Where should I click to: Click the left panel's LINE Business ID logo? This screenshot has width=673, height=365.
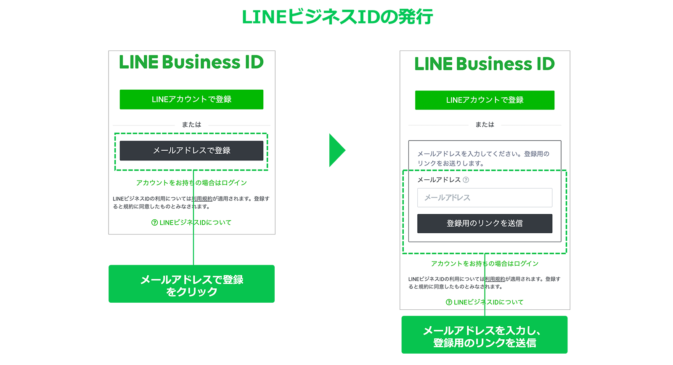click(191, 62)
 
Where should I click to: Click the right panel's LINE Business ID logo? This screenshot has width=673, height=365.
click(484, 64)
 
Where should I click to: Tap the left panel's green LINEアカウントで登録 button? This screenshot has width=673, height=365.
click(191, 99)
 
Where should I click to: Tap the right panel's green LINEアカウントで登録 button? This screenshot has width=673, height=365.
click(485, 100)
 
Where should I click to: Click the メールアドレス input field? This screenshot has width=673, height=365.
click(485, 197)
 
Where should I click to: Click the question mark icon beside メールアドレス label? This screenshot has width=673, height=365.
click(466, 180)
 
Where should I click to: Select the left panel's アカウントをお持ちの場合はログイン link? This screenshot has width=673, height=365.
click(191, 183)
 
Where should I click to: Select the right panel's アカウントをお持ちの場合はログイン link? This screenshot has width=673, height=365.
click(485, 264)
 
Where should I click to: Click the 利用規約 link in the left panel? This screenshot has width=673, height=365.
click(202, 199)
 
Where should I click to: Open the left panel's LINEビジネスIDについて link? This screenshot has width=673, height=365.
click(191, 222)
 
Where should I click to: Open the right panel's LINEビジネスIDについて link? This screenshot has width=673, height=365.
click(485, 302)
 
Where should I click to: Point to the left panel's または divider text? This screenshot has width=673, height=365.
click(191, 125)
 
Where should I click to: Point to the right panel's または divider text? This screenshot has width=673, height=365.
click(485, 125)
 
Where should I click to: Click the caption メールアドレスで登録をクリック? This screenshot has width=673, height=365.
click(191, 285)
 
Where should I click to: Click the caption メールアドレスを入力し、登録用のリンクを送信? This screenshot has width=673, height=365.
click(484, 336)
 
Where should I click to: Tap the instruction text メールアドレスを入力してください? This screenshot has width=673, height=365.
click(483, 158)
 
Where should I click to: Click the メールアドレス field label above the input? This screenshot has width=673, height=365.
click(439, 180)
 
